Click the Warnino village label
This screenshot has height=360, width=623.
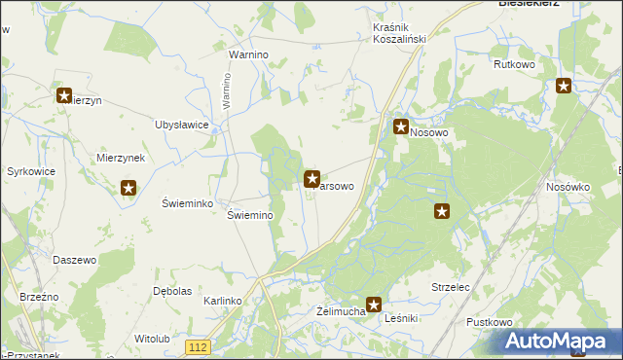point(248,55)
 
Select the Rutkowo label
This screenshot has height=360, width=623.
point(515,65)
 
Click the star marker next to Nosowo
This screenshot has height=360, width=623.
point(400,126)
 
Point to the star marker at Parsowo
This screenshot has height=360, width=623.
point(312,178)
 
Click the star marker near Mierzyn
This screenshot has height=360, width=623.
point(64,96)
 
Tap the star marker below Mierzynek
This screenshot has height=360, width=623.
point(128,188)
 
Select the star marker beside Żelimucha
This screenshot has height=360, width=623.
point(373,305)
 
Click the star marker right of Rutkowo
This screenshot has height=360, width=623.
point(564,87)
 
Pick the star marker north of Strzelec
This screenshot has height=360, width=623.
point(442,211)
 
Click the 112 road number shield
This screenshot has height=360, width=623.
point(199,347)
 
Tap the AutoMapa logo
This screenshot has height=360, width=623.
point(560,342)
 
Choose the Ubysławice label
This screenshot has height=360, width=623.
point(182,125)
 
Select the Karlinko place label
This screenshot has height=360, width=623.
point(222,302)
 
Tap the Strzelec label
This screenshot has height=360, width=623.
point(451,287)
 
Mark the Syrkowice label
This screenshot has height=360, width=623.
point(30,171)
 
